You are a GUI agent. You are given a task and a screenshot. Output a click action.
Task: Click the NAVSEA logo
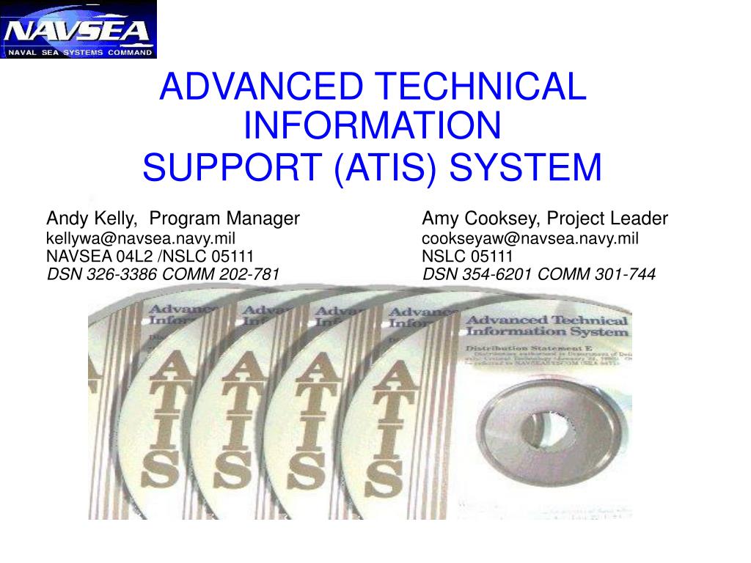pos(78,29)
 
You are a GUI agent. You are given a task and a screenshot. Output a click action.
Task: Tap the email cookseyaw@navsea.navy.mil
pos(530,238)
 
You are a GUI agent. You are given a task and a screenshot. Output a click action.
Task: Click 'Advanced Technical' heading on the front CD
pos(547,320)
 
